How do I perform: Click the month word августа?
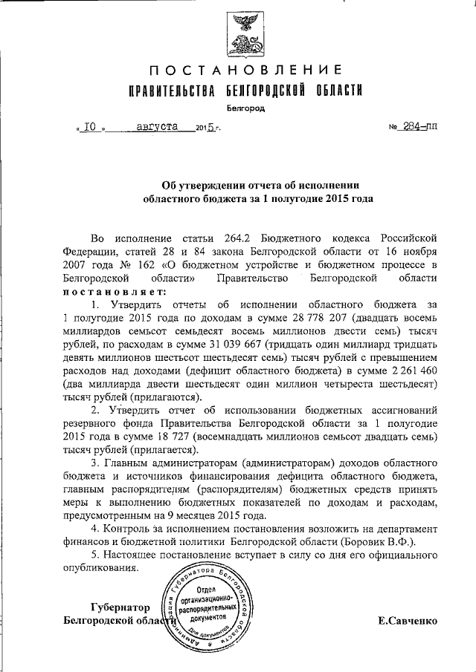[x=158, y=126]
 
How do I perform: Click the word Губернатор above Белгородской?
[x=118, y=607]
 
